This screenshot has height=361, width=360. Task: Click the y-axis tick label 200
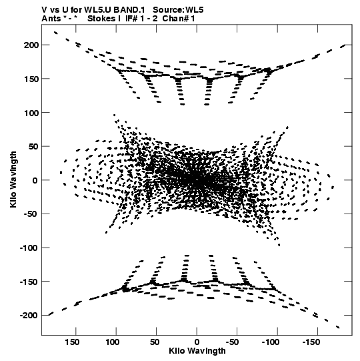(x=31, y=45)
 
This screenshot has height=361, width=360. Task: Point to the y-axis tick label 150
(x=31, y=79)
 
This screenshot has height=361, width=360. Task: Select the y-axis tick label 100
(x=31, y=113)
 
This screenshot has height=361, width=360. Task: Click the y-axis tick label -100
(x=29, y=248)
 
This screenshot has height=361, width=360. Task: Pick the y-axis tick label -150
(x=29, y=282)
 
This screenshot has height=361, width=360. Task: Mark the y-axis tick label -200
(x=29, y=316)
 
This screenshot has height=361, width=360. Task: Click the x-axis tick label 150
(x=72, y=342)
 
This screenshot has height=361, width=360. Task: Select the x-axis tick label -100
(x=271, y=342)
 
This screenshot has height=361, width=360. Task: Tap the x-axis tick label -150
(x=311, y=342)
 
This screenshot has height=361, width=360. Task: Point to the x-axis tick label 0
(x=197, y=342)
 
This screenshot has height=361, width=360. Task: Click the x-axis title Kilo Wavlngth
(x=197, y=351)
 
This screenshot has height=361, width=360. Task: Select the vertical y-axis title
(x=13, y=179)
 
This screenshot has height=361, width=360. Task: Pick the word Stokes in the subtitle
(x=101, y=19)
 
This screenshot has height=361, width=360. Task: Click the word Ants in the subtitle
(x=51, y=19)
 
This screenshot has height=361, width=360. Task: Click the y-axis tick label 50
(x=33, y=146)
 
